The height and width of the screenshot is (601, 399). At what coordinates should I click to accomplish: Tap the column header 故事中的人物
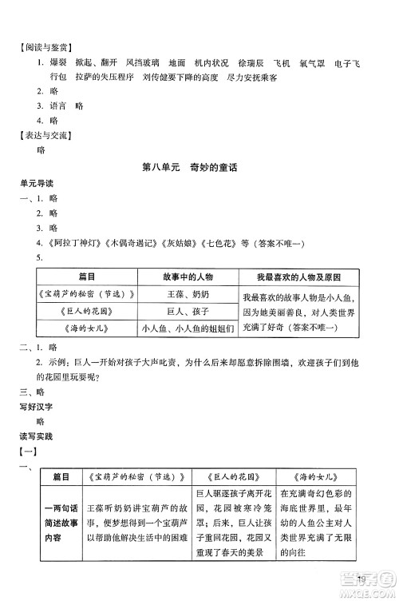tap(187, 277)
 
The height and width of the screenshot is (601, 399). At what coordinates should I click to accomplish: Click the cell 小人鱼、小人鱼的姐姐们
tap(187, 330)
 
